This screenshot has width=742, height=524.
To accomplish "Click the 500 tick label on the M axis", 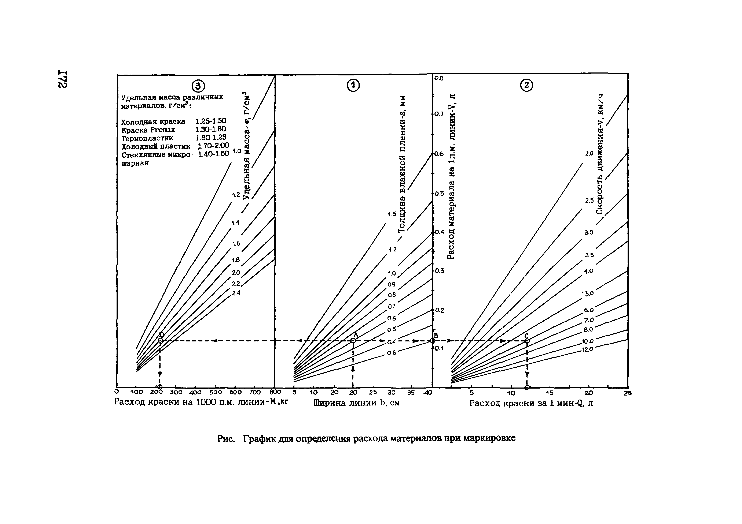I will coord(216,393).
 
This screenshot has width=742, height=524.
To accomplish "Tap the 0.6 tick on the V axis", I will coord(439,154).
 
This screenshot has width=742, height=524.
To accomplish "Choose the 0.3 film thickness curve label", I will coord(392,353).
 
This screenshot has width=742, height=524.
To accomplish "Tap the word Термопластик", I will coord(147,138).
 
